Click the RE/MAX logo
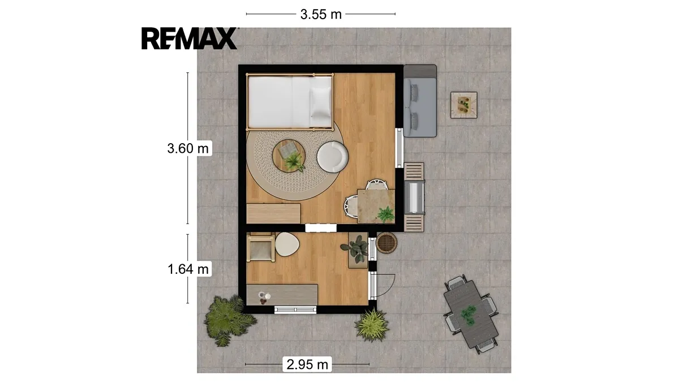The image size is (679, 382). click(190, 38)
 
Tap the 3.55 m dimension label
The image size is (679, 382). click(321, 14)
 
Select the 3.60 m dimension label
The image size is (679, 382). click(188, 148)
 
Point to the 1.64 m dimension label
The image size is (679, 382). click(188, 269)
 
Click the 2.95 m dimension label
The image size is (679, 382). click(307, 364)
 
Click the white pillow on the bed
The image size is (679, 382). click(321, 102)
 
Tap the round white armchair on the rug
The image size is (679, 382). click(333, 157)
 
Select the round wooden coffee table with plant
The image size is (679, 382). click(289, 156)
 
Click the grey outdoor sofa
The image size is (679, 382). click(420, 101)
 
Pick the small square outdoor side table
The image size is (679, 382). click(464, 105)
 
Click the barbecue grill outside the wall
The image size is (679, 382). click(414, 197)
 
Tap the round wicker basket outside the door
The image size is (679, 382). click(386, 243)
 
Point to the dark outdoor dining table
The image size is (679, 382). click(471, 314)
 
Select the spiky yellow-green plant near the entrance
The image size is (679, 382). click(372, 325)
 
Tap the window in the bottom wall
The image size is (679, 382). click(295, 310)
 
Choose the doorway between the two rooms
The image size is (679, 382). click(321, 228)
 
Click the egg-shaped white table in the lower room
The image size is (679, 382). click(287, 244)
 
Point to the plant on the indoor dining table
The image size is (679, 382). click(385, 214)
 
